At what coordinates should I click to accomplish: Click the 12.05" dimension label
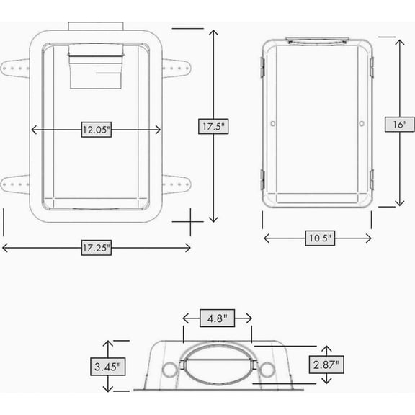tap(97, 130)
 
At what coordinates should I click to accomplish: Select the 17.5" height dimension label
tap(213, 126)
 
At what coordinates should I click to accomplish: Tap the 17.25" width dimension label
tap(97, 248)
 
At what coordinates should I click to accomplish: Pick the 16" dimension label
tap(399, 124)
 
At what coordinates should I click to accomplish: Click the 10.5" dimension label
tap(320, 238)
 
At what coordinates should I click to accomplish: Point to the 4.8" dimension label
tap(217, 318)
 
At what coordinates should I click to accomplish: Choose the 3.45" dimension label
tap(108, 367)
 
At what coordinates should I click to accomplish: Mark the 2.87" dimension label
tap(326, 365)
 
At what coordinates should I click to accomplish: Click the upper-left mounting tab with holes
tap(15, 68)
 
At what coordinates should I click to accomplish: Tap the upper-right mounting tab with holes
tap(177, 68)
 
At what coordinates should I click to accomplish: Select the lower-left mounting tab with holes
tap(15, 184)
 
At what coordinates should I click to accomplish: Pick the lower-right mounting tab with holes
tap(177, 184)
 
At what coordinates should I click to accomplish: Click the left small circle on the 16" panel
tap(273, 123)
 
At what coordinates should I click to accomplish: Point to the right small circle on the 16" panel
tap(362, 123)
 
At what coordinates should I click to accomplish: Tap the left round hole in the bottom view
tap(169, 370)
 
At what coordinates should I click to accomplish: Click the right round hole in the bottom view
tap(267, 370)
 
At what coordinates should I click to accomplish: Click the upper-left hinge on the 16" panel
tap(262, 67)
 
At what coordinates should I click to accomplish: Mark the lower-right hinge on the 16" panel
tap(372, 180)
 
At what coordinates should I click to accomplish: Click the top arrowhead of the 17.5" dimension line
tap(213, 31)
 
